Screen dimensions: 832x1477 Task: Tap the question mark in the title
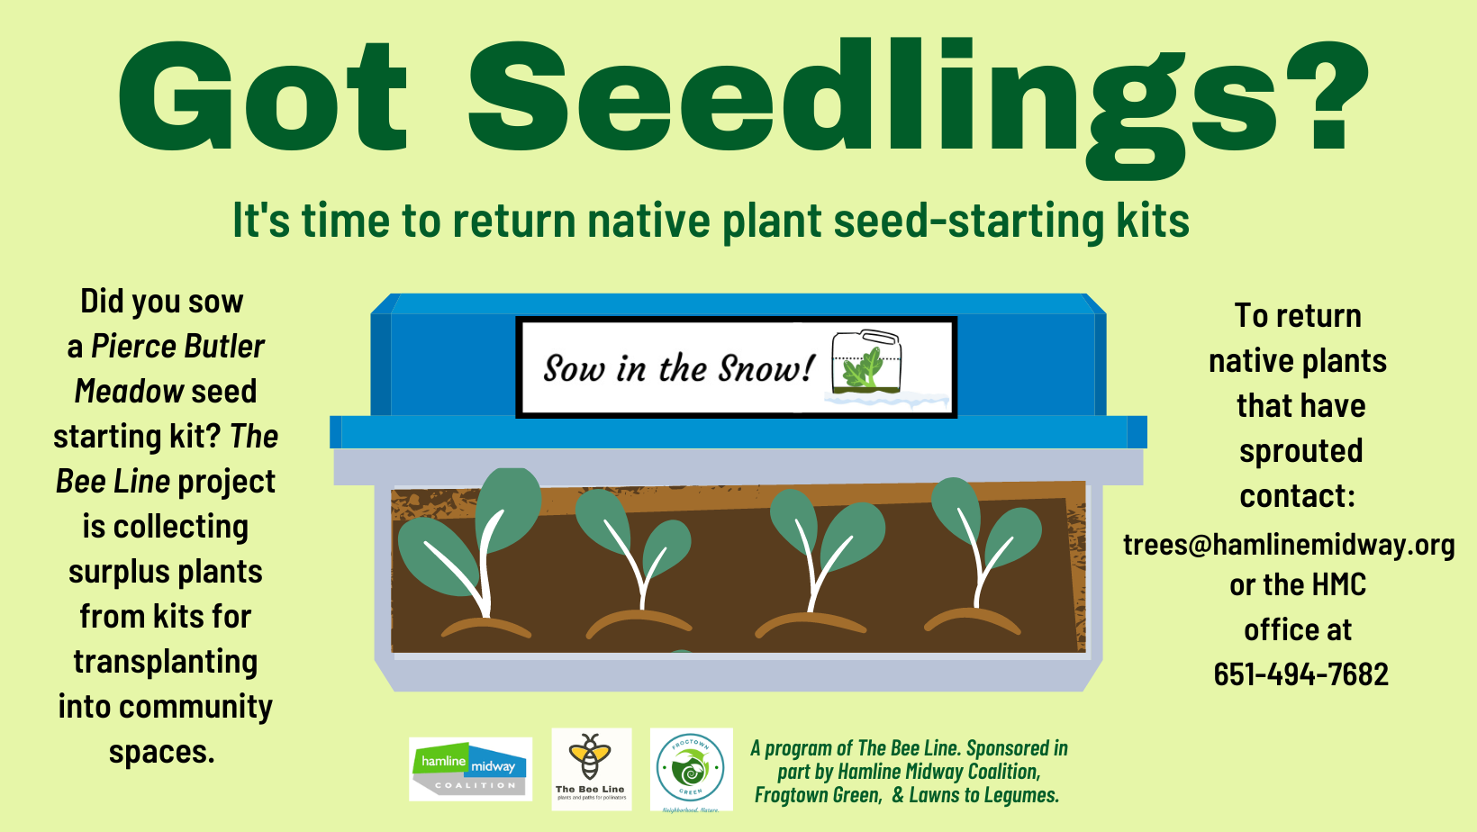1327,97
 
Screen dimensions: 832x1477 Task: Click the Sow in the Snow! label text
678,368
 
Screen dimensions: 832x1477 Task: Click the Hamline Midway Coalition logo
470,769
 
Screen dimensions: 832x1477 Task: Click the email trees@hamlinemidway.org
1289,545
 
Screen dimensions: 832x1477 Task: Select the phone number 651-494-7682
1300,674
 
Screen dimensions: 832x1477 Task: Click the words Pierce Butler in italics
177,347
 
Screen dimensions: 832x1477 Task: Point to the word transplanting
166,662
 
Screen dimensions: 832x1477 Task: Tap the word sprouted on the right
1300,451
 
